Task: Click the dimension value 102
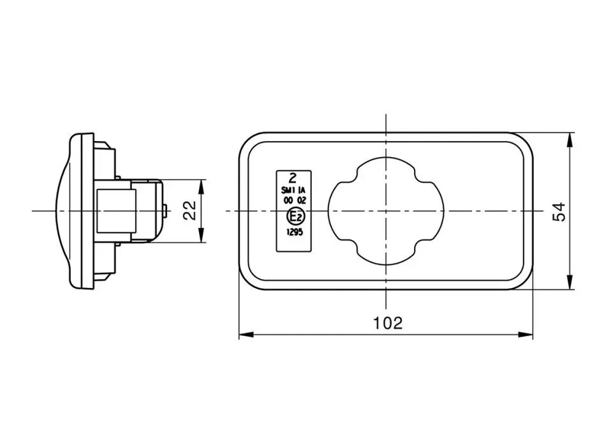click(387, 323)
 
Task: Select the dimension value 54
click(559, 211)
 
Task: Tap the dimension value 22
click(189, 211)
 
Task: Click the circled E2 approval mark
click(295, 217)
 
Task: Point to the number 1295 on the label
click(295, 232)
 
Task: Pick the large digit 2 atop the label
click(293, 178)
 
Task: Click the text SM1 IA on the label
click(293, 191)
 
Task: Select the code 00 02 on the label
click(295, 201)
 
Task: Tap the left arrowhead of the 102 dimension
click(246, 334)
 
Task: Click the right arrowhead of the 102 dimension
click(526, 334)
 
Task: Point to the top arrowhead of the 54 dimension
click(569, 140)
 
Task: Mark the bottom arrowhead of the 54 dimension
click(569, 282)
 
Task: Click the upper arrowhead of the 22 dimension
click(201, 186)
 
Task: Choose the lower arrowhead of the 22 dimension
click(201, 235)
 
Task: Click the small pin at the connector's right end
click(165, 211)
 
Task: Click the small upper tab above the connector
click(118, 178)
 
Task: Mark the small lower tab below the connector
click(118, 244)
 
